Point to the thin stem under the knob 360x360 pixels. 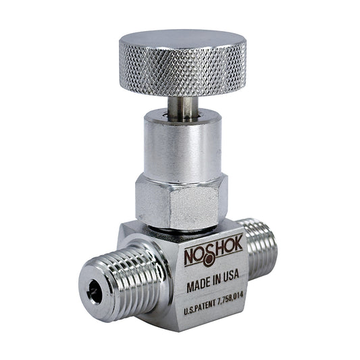pyautogui.click(x=183, y=109)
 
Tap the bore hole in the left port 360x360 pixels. pyautogui.click(x=95, y=292)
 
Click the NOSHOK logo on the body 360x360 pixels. pyautogui.click(x=213, y=253)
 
